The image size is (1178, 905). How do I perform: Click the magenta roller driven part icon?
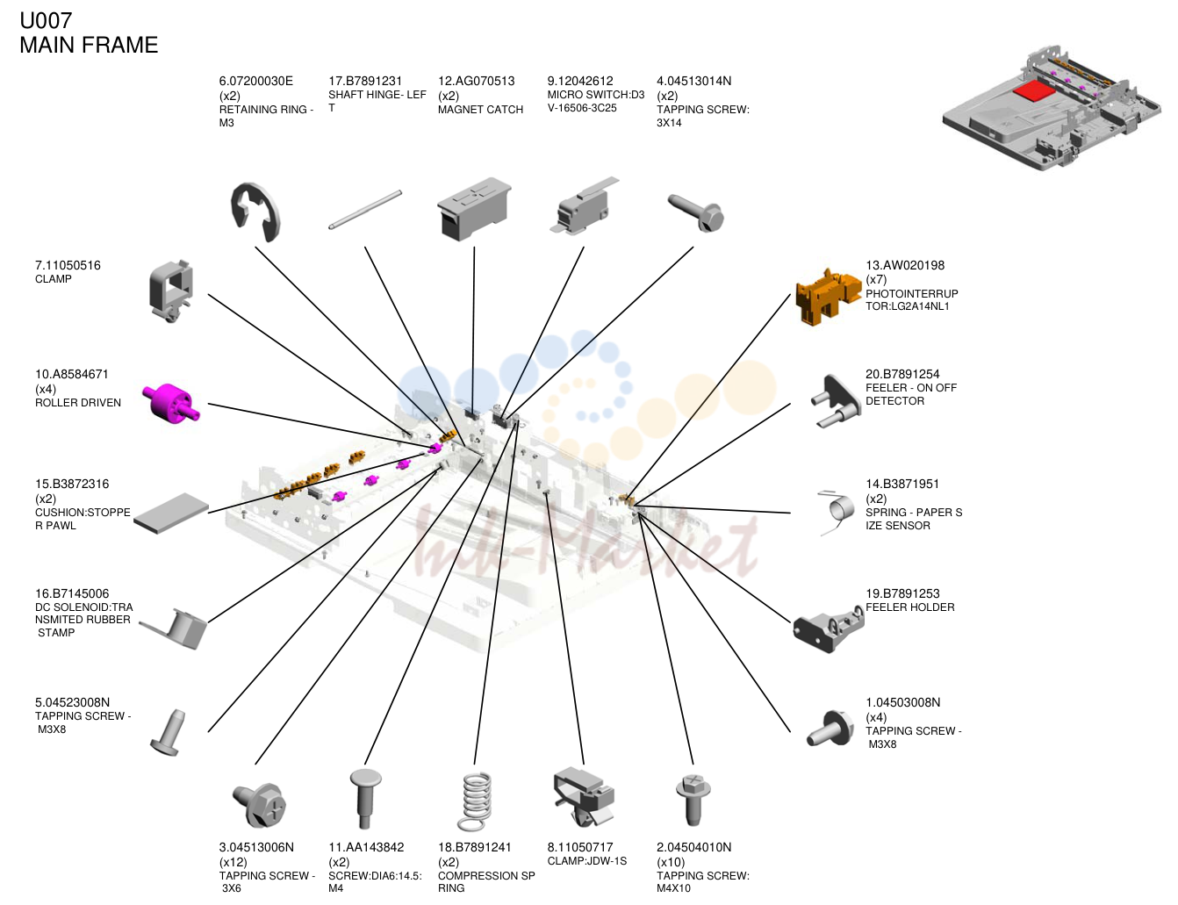(171, 404)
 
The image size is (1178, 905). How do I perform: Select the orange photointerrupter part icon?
(828, 297)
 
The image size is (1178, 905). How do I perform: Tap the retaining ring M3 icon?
(255, 212)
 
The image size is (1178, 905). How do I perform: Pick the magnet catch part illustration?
(474, 209)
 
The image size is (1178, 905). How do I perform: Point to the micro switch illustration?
(584, 206)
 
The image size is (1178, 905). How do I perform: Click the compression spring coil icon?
(476, 801)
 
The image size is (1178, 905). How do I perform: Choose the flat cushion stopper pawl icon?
(171, 514)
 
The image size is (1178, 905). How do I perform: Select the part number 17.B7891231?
(365, 82)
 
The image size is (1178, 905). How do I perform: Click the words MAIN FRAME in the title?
(89, 45)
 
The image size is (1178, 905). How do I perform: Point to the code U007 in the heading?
(46, 20)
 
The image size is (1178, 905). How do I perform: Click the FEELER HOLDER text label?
(909, 607)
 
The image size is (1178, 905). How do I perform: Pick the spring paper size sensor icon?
(838, 512)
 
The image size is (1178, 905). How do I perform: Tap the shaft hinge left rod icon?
(365, 210)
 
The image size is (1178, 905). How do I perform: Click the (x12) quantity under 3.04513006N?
(233, 862)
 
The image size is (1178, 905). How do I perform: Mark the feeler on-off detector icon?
(835, 401)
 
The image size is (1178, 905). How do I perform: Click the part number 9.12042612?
(580, 82)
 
